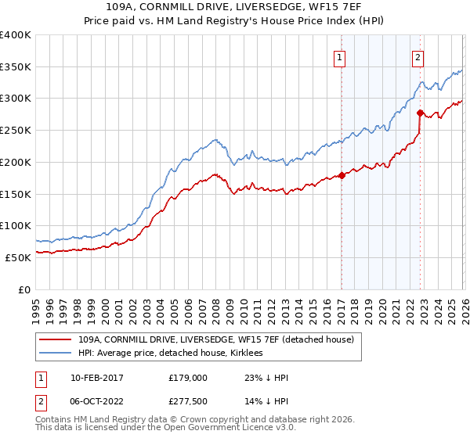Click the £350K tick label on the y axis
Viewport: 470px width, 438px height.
pos(16,67)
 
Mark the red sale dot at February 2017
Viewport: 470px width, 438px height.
pos(342,176)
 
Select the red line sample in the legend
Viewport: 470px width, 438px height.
pos(56,339)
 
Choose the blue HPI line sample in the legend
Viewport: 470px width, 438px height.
pos(56,354)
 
